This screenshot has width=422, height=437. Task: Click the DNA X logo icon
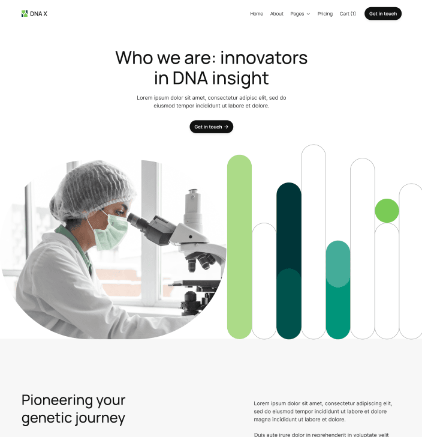[25, 14]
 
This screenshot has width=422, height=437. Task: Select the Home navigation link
[257, 14]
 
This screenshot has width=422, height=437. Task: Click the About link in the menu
[276, 14]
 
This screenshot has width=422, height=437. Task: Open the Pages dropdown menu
[300, 14]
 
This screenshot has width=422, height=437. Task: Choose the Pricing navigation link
[325, 14]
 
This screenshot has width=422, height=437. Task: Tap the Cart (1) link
[348, 14]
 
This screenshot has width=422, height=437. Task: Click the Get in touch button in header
[383, 14]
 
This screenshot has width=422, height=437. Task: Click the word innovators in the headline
[264, 58]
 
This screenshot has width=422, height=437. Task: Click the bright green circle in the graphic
[387, 211]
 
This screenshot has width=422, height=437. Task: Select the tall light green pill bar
[239, 246]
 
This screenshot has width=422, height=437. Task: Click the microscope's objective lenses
[201, 262]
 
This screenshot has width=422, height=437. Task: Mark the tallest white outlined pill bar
[313, 240]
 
